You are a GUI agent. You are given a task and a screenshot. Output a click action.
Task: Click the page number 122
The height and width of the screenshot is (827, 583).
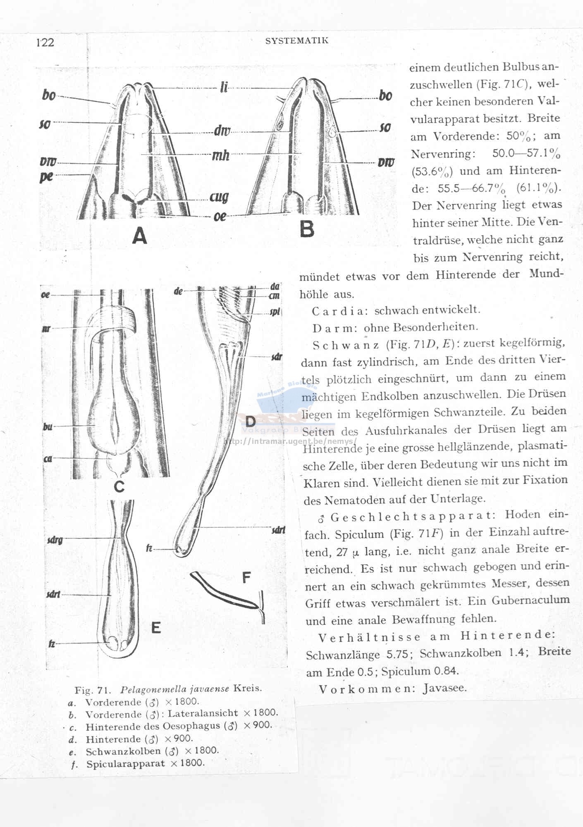[x=45, y=42]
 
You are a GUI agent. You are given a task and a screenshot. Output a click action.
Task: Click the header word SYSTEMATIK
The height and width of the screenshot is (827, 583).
[x=296, y=41]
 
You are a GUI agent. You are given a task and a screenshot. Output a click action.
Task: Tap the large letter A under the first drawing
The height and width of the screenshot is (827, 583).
[x=139, y=236]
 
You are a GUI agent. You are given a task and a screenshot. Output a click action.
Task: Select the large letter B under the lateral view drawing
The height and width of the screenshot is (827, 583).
[x=306, y=229]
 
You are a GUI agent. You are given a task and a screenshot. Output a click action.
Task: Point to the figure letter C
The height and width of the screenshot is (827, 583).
[x=119, y=487]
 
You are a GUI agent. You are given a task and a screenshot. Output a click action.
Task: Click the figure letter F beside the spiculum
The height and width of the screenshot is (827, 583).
[x=246, y=577]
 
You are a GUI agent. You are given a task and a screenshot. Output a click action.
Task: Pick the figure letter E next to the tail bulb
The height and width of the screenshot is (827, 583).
[x=155, y=628]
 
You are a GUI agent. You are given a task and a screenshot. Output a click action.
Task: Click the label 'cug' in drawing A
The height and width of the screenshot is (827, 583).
[x=219, y=197]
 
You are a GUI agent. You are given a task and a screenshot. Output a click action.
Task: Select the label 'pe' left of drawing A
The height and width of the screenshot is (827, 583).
[x=47, y=176]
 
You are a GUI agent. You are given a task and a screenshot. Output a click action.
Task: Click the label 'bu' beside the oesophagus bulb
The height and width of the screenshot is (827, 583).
[x=48, y=427]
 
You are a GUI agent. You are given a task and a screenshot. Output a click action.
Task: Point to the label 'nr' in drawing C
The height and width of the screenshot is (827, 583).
[x=46, y=329]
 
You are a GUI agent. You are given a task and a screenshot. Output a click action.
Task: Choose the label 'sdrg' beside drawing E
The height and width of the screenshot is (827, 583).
[x=55, y=540]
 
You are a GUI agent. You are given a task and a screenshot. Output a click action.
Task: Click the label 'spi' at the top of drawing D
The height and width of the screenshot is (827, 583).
[x=275, y=312]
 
